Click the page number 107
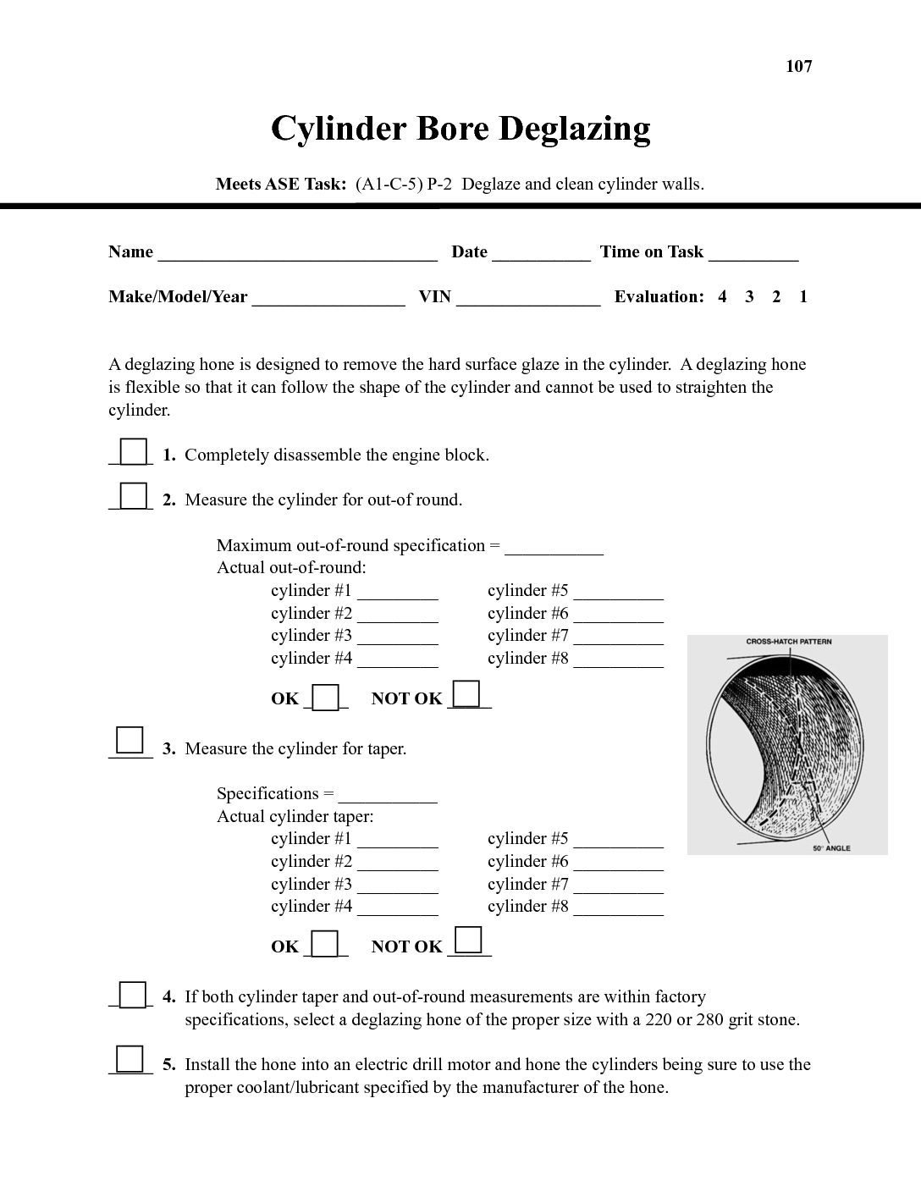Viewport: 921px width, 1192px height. point(798,66)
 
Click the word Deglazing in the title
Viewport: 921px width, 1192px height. point(574,129)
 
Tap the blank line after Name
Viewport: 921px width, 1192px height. point(297,253)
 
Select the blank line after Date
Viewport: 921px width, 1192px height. point(541,253)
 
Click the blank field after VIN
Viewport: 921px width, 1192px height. point(528,298)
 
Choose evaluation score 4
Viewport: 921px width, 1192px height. point(722,296)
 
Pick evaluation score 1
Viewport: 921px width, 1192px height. point(803,296)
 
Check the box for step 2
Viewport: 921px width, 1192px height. point(133,495)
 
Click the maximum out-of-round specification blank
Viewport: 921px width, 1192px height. point(554,547)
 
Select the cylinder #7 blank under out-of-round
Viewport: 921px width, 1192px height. point(618,637)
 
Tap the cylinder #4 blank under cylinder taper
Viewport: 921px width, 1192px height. point(397,908)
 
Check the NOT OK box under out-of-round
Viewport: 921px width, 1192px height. point(466,693)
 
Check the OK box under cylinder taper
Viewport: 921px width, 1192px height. point(325,943)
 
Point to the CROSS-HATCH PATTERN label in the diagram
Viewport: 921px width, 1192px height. point(788,642)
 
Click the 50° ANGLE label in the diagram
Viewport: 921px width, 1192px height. point(831,848)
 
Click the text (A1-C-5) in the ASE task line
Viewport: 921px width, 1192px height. point(389,184)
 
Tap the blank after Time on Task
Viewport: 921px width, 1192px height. point(753,253)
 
